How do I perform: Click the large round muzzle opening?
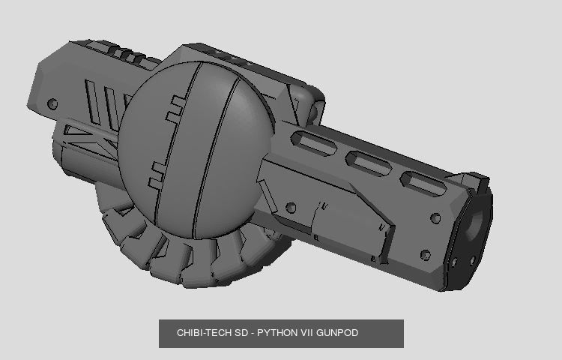[x=478, y=221]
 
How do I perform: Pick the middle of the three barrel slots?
[x=366, y=160]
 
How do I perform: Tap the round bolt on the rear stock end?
[x=52, y=103]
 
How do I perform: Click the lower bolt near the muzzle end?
[x=426, y=256]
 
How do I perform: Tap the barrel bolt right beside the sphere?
[x=291, y=208]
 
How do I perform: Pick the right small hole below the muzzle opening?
[x=473, y=259]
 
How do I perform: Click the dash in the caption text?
[x=253, y=332]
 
